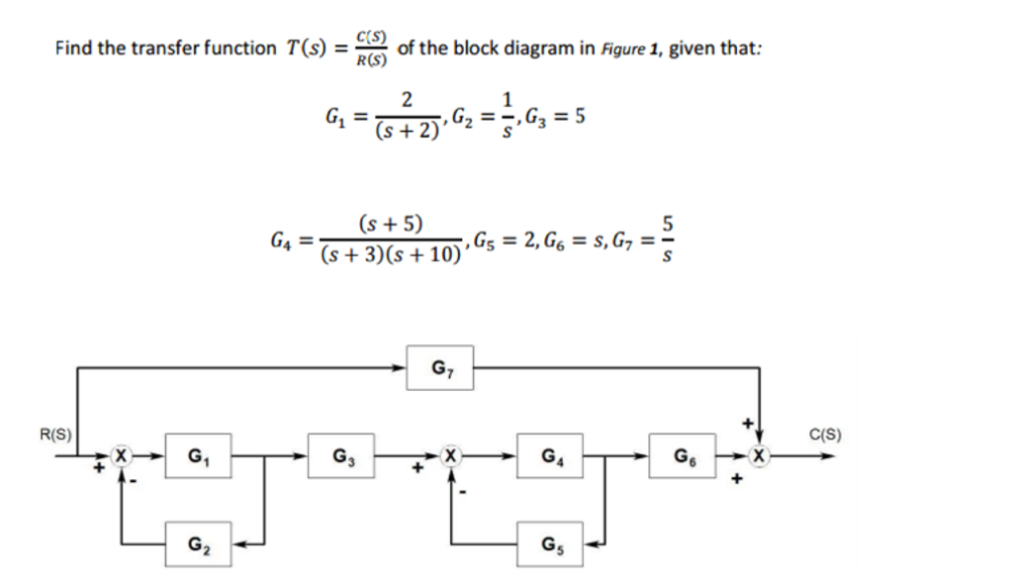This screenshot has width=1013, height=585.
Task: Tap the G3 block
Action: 340,456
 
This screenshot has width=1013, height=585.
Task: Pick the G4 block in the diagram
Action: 548,456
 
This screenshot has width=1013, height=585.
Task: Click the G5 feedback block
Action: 548,543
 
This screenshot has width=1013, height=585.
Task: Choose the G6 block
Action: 682,456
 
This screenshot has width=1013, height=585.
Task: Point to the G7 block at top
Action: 439,368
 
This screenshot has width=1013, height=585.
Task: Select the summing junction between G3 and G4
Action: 451,456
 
